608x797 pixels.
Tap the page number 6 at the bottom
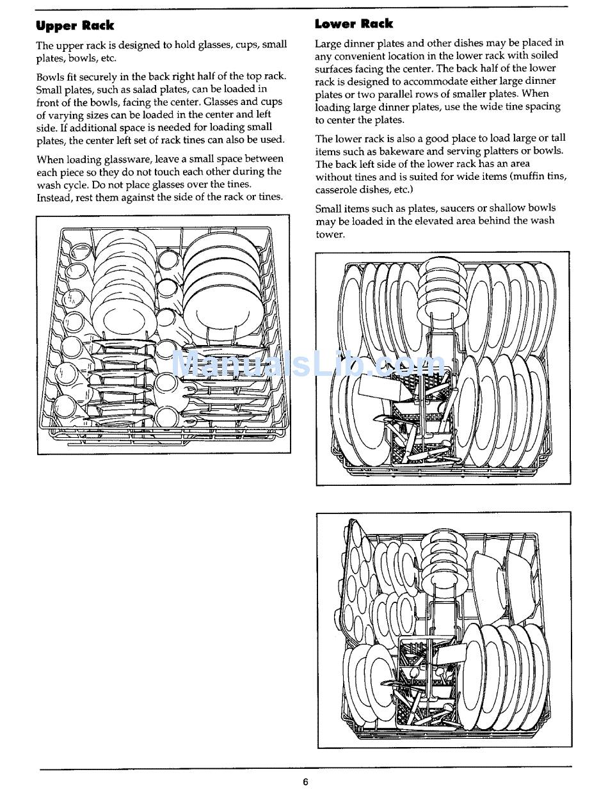click(305, 782)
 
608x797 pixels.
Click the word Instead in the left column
click(54, 197)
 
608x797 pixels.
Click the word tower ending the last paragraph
click(330, 234)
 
